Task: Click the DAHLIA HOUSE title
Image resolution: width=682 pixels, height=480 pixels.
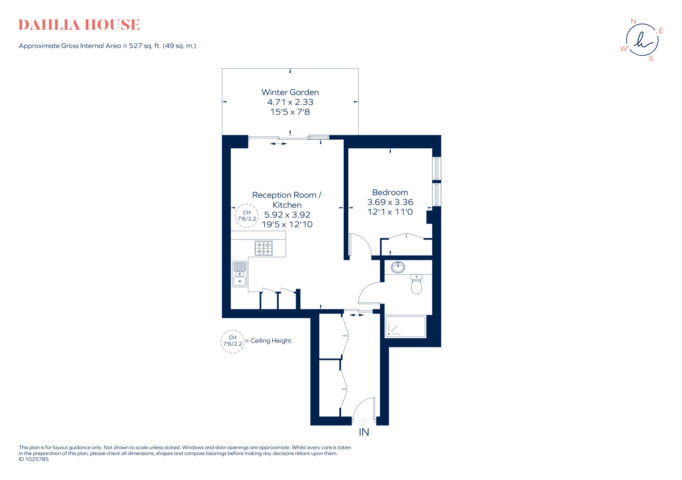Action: point(79,25)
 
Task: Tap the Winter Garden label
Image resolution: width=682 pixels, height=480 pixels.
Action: point(290,92)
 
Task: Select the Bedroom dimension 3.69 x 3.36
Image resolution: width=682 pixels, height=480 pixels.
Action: point(390,202)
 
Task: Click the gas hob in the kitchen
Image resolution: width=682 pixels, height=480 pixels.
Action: point(263,248)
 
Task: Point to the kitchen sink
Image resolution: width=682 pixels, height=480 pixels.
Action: point(239,274)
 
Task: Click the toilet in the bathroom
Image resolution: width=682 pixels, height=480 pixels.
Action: point(416,285)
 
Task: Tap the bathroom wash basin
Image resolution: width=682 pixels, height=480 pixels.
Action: point(398,267)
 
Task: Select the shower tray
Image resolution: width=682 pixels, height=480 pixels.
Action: point(405,327)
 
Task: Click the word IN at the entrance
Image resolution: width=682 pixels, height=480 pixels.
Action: point(364,432)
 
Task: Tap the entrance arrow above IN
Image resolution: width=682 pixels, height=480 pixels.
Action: point(364,422)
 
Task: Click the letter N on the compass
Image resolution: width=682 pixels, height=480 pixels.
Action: point(633,21)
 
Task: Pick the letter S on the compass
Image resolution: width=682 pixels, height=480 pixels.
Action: point(651,59)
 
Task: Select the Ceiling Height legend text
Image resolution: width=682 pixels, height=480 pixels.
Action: point(270,341)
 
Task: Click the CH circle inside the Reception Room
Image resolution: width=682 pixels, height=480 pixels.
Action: point(247,216)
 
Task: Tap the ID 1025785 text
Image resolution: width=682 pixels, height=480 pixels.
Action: point(34,459)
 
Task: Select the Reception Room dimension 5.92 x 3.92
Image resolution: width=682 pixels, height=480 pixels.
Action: point(287,215)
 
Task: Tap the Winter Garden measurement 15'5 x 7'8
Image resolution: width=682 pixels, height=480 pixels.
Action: point(290,112)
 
